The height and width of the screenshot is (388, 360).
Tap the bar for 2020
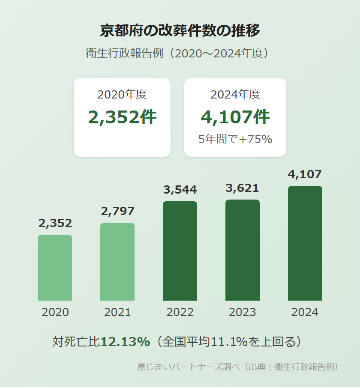(x=55, y=268)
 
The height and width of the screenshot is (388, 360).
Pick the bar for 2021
(x=117, y=262)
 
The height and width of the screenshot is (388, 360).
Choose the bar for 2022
(x=180, y=251)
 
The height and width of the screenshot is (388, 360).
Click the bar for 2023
(x=243, y=250)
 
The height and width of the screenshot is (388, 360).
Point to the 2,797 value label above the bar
(x=117, y=211)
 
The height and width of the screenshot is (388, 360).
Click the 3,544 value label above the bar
(x=180, y=190)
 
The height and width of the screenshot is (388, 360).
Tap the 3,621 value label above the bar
(x=243, y=188)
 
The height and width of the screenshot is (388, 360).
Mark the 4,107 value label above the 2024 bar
(x=305, y=174)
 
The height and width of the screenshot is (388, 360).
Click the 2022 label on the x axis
(x=180, y=312)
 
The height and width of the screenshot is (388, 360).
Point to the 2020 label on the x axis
(x=55, y=312)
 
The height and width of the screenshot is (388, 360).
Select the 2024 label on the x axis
(x=305, y=312)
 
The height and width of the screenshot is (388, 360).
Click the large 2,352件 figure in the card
(x=122, y=117)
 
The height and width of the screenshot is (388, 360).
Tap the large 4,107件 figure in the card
(x=235, y=117)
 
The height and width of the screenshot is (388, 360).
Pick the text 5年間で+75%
(x=235, y=139)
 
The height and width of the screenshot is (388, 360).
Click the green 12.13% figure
(x=125, y=341)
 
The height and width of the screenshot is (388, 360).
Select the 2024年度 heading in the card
(x=235, y=95)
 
